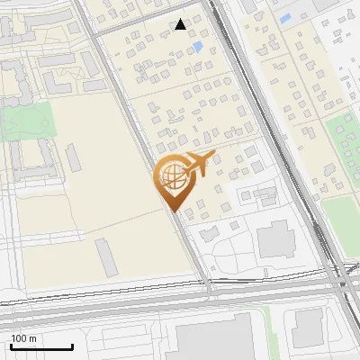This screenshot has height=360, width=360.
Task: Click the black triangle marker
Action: (181, 24)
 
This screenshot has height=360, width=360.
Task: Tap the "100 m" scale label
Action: (24, 338)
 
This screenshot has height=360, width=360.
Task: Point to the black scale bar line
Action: (41, 346)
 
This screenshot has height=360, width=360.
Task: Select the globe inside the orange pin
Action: (171, 176)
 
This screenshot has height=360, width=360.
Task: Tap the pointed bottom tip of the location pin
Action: (172, 211)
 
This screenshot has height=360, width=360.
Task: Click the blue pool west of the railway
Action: (198, 47)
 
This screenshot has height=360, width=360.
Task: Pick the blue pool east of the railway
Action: (285, 18)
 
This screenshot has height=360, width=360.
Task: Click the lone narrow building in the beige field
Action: (106, 257)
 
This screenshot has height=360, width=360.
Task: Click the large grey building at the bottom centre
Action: (216, 340)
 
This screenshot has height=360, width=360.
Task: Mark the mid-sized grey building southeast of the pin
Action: (274, 240)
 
